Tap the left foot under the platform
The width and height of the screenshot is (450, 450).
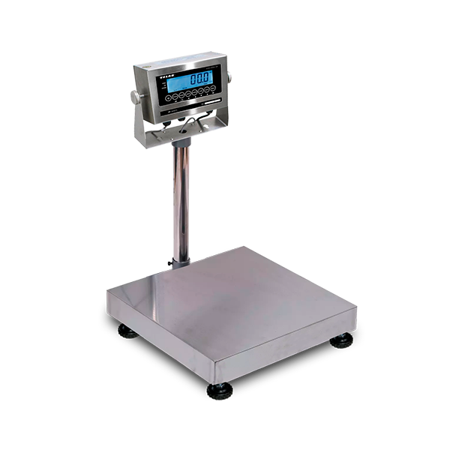128,331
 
